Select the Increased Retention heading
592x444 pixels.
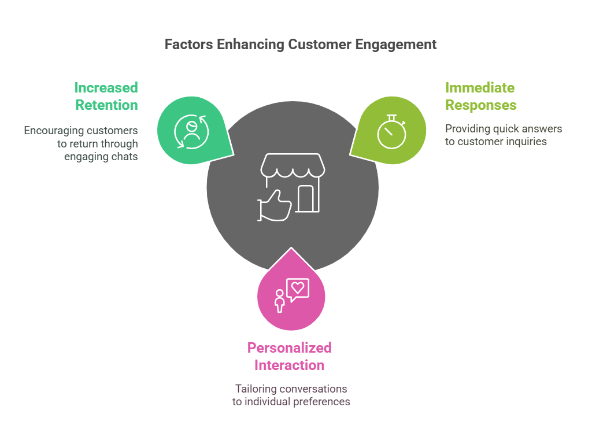[106, 97]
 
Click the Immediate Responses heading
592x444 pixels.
[480, 97]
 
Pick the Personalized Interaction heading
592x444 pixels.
[289, 357]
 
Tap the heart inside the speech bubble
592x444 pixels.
[298, 287]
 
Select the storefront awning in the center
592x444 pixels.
[293, 165]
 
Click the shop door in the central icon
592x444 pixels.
[307, 198]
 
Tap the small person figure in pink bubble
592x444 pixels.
[280, 301]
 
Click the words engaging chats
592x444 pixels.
[101, 156]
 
